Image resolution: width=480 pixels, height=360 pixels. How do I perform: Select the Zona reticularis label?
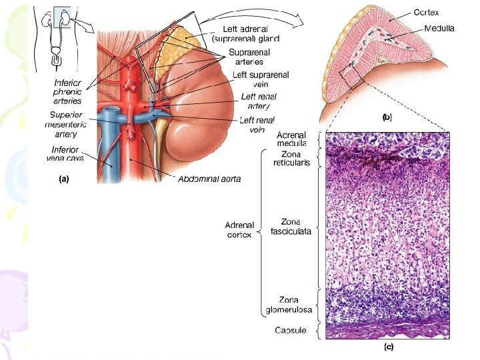click(291, 159)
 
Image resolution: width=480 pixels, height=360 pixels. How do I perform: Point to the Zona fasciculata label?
click(291, 226)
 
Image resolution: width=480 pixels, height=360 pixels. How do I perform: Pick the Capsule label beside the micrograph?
click(291, 330)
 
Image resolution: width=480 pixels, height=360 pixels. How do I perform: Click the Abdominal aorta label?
click(209, 178)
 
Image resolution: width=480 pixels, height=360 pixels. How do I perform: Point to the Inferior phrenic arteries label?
click(67, 92)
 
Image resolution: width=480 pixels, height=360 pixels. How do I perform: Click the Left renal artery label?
click(258, 101)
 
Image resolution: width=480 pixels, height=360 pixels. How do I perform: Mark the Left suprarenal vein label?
click(261, 80)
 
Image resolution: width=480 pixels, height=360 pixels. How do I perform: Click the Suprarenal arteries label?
click(254, 57)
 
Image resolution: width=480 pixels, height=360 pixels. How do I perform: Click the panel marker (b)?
click(387, 117)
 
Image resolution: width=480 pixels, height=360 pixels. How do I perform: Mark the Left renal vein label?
click(257, 125)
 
